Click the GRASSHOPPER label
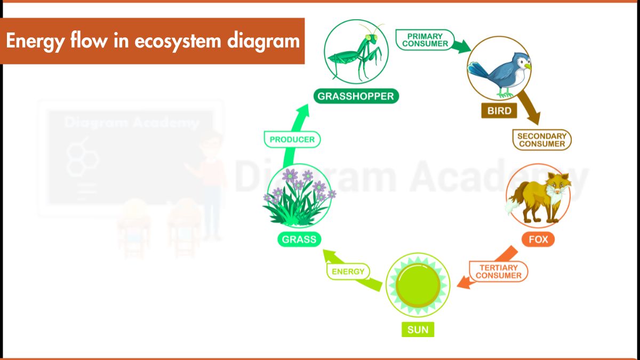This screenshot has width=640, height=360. [x=356, y=96]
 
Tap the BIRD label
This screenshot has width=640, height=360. [x=499, y=111]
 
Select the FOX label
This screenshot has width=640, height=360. [x=538, y=239]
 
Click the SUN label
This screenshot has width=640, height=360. [x=418, y=330]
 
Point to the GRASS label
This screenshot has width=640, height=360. [x=299, y=239]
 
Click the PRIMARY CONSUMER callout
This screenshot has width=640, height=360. [x=425, y=40]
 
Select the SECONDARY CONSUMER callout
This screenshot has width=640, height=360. [x=541, y=140]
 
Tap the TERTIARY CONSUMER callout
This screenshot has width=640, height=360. [x=498, y=271]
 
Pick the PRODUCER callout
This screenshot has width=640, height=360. [x=292, y=140]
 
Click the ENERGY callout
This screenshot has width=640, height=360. [x=348, y=271]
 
